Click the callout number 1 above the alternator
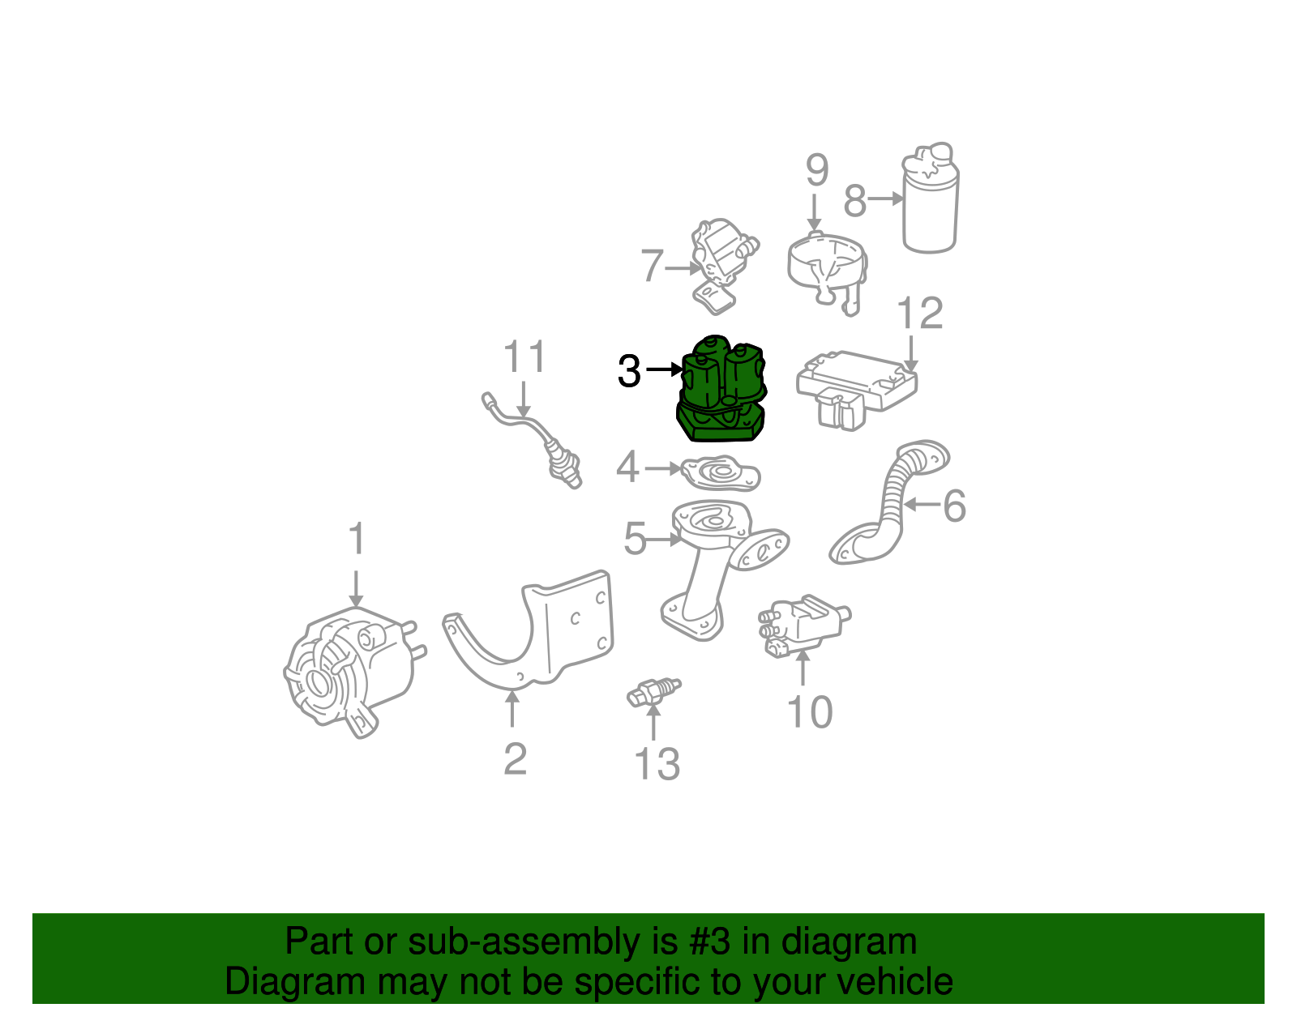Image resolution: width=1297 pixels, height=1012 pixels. pos(357,540)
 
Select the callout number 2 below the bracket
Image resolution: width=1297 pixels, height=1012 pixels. pos(515,759)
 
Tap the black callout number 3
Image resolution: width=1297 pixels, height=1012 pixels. pos(629,371)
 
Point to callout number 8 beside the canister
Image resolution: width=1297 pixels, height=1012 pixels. pos(855,201)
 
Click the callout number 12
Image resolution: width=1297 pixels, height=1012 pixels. pos(920,314)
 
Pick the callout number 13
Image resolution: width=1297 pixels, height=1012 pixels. pos(657,764)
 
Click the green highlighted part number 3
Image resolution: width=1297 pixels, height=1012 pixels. pos(720,391)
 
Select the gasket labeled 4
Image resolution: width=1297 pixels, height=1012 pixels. pos(720,475)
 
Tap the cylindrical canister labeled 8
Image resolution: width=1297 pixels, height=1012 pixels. pos(931,203)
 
